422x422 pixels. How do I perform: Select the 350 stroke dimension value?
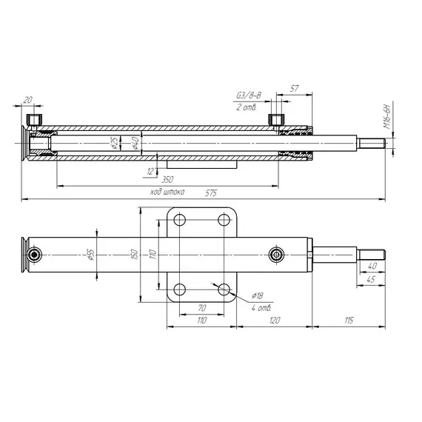coord(167,180)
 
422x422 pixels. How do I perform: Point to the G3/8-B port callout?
coord(248,96)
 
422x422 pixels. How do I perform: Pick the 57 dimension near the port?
coord(295,87)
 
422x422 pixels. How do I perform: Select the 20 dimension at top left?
coord(27,98)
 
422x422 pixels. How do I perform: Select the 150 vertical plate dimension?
coord(135,254)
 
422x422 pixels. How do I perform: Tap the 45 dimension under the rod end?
coord(370,279)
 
